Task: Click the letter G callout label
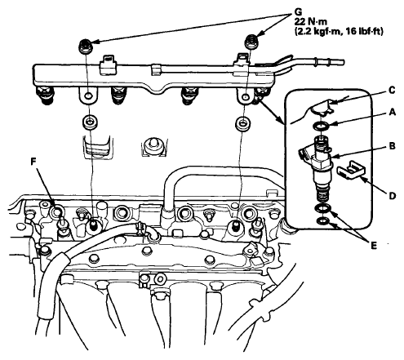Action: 299,11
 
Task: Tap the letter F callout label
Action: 33,162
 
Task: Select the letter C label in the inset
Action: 392,91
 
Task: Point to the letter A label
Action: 392,112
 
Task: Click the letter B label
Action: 392,146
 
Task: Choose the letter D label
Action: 392,195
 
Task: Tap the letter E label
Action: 374,246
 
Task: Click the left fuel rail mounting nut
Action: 85,46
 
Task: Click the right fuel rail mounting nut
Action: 251,42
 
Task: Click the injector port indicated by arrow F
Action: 57,211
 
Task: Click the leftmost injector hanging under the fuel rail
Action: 45,96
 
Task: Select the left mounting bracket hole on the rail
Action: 88,96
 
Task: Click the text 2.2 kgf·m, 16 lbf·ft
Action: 339,32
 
